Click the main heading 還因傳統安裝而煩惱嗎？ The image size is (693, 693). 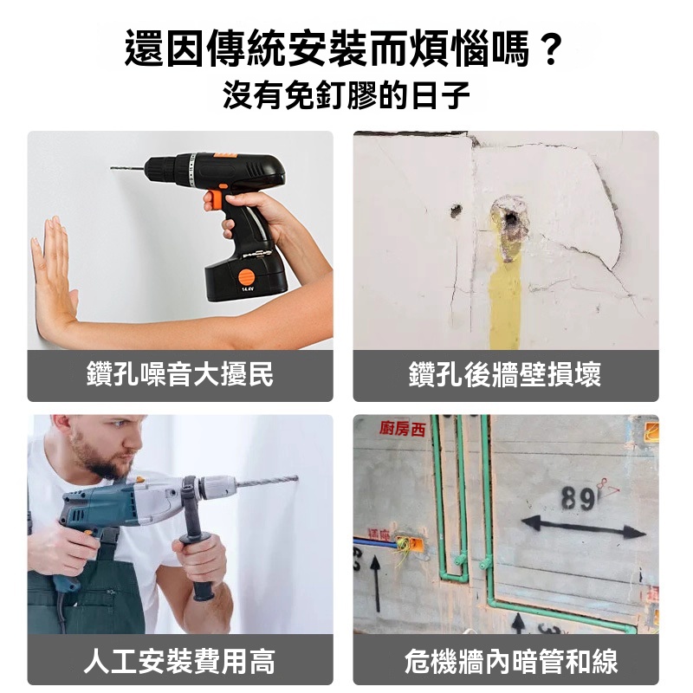tap(344, 49)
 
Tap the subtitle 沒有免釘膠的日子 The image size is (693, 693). tap(346, 94)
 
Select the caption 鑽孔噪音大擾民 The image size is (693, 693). tap(180, 374)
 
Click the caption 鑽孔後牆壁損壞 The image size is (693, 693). tap(505, 374)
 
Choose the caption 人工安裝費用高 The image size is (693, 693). tap(180, 661)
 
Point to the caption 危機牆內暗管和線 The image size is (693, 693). tap(511, 661)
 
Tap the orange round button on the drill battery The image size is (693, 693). tap(247, 277)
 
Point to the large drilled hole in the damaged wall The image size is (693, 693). tap(509, 218)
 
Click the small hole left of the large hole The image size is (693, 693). tap(456, 210)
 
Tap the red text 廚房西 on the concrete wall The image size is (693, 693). tap(402, 428)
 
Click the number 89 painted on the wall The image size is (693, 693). tap(577, 499)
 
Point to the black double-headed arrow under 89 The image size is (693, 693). tap(583, 527)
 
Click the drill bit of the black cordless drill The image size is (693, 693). tap(127, 168)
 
